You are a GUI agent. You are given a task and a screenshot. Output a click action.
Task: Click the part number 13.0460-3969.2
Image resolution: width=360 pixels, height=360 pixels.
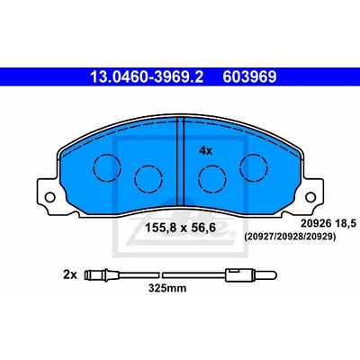coord(147,76)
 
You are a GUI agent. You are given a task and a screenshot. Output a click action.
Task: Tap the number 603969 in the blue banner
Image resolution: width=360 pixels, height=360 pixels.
coord(249,76)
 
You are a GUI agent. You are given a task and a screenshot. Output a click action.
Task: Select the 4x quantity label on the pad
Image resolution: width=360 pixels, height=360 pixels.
coord(206,151)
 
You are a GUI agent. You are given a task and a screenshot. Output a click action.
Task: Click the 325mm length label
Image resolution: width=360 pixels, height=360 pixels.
coord(167,288)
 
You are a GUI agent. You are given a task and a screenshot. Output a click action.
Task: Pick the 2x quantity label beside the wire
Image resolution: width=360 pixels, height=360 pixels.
coord(70,274)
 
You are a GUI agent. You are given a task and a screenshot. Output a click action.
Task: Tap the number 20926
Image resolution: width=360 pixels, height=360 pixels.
coord(316,223)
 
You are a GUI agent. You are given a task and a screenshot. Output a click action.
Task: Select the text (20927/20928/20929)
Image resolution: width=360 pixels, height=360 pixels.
coord(290,237)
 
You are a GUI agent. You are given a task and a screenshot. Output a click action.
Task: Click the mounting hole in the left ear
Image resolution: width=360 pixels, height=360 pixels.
coord(49,197)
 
